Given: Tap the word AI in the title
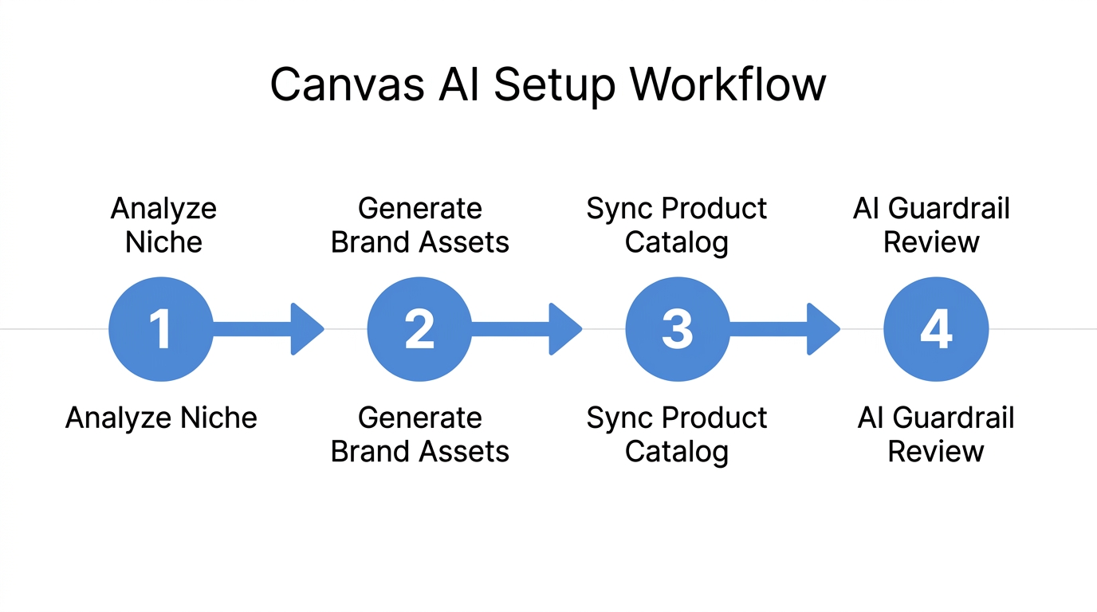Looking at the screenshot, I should (460, 84).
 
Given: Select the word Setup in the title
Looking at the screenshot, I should (554, 84).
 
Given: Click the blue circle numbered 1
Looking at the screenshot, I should (161, 329).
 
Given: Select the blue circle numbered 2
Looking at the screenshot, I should (419, 329).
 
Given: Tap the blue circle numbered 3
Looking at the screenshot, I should (677, 329).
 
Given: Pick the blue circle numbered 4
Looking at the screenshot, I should (936, 329).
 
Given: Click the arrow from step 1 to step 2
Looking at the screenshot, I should (268, 329).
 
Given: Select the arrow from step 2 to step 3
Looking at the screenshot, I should (526, 329).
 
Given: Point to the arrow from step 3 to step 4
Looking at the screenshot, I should (784, 329).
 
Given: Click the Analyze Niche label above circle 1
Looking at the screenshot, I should (163, 225).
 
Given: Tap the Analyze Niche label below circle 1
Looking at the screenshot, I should (161, 418).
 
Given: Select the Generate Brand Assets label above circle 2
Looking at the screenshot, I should (420, 225).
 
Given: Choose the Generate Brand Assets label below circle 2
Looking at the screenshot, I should (420, 434).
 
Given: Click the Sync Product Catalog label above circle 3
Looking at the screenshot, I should (677, 225).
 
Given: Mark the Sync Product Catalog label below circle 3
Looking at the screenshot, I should (677, 434).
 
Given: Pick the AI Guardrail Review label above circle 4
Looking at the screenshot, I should (931, 225).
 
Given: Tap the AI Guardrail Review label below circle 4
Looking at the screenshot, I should (936, 434).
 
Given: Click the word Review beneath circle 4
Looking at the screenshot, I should (936, 451).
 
